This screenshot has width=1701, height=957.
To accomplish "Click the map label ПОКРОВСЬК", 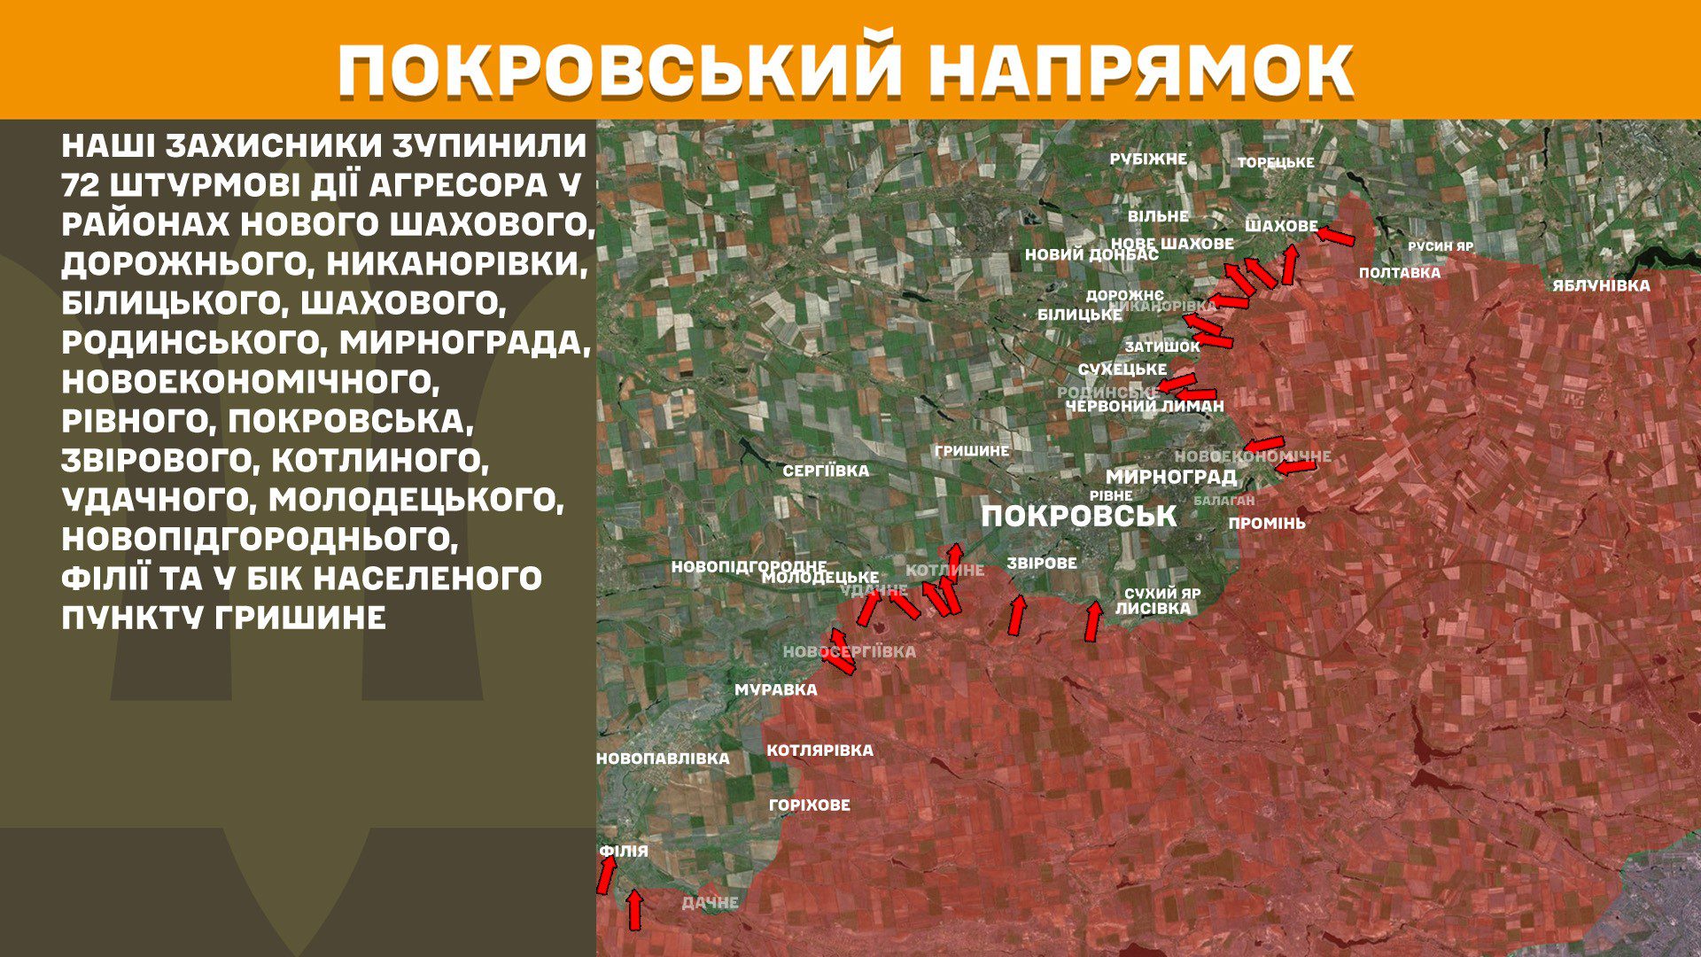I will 1078,517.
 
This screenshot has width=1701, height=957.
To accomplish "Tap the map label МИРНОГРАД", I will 1170,477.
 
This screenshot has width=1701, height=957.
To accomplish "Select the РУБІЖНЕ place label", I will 1148,159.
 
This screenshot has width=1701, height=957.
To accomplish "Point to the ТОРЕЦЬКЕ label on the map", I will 1276,163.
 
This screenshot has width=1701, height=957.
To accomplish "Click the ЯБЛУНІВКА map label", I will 1601,286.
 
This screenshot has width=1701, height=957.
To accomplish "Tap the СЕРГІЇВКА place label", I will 826,471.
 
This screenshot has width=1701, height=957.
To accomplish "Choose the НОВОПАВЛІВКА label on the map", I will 663,759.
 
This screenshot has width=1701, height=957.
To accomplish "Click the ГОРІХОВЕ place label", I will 809,805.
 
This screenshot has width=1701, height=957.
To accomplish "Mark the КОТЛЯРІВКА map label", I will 819,751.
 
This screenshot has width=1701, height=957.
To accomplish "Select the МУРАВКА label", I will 776,690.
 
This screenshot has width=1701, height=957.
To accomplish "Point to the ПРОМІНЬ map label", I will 1266,524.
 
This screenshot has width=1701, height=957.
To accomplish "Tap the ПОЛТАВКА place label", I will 1400,273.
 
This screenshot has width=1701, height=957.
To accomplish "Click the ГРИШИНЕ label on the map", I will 972,451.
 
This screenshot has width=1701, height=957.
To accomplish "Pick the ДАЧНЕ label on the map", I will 710,903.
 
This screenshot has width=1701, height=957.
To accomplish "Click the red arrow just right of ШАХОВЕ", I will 1335,237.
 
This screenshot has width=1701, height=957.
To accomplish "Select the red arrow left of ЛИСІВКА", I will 1093,621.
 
